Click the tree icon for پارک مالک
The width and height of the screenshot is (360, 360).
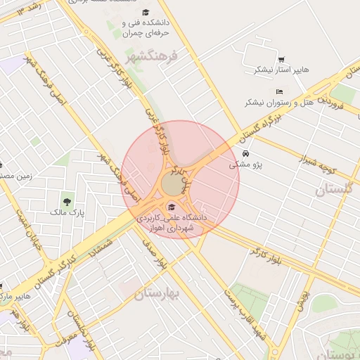tap(67, 202)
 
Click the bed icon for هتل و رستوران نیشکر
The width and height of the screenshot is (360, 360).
tap(280, 91)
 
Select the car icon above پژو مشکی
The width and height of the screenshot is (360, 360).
tap(245, 154)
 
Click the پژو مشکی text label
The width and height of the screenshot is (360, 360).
tap(245, 165)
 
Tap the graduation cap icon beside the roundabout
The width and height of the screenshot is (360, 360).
tap(172, 206)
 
